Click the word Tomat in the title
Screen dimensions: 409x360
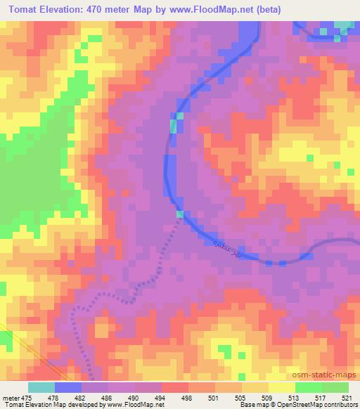click(22, 9)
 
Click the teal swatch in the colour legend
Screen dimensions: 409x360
click(41, 387)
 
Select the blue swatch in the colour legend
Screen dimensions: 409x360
click(69, 387)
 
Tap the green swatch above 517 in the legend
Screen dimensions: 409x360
click(308, 387)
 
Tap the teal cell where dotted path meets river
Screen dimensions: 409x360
click(180, 214)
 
